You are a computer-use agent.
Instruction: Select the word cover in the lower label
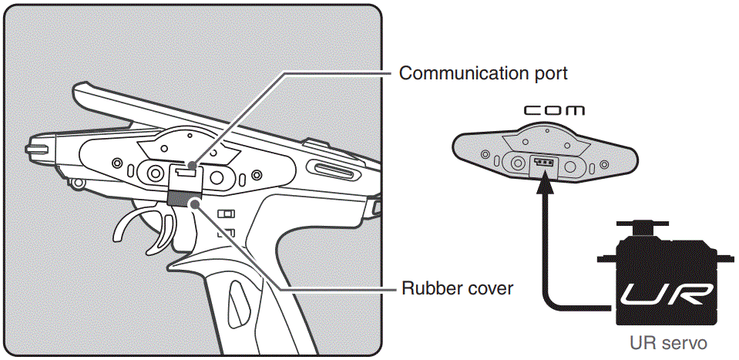tap(487, 290)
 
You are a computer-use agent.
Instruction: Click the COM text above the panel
tap(553, 111)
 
